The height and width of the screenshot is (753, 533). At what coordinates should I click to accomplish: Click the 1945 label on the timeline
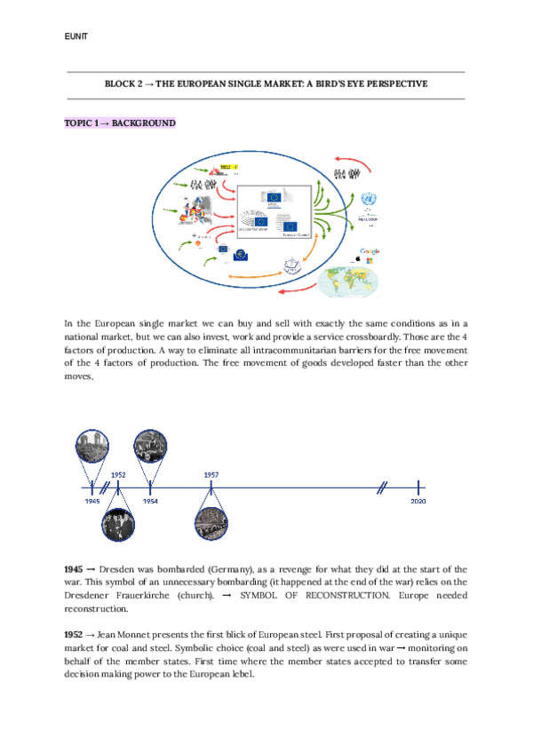pyautogui.click(x=92, y=502)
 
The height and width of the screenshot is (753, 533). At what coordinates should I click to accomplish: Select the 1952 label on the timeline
pyautogui.click(x=118, y=475)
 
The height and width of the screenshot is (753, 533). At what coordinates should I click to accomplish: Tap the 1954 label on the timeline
pyautogui.click(x=150, y=502)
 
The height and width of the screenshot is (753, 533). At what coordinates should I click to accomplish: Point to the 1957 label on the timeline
pyautogui.click(x=211, y=475)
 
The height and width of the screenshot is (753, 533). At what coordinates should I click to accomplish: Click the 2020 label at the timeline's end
pyautogui.click(x=418, y=502)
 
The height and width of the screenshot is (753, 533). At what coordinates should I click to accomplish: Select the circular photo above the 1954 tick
pyautogui.click(x=149, y=446)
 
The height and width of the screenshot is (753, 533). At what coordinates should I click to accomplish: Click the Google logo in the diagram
pyautogui.click(x=370, y=252)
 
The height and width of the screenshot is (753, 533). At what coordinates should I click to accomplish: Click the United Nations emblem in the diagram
pyautogui.click(x=369, y=200)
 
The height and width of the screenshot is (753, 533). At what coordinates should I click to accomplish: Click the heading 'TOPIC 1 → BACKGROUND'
pyautogui.click(x=120, y=123)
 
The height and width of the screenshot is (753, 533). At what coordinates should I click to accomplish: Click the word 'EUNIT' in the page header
pyautogui.click(x=77, y=36)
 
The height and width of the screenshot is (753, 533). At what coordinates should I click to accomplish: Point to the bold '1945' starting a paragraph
pyautogui.click(x=74, y=567)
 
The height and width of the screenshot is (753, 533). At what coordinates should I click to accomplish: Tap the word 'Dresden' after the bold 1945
pyautogui.click(x=116, y=567)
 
